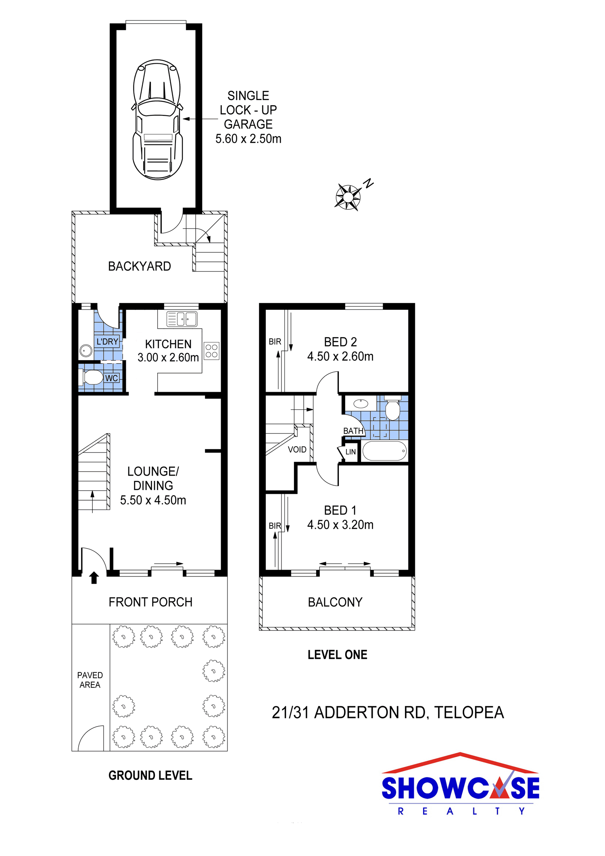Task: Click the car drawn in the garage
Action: pyautogui.click(x=157, y=119)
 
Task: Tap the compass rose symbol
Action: pyautogui.click(x=348, y=197)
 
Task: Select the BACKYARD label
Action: pyautogui.click(x=140, y=266)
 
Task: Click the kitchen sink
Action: pyautogui.click(x=182, y=319)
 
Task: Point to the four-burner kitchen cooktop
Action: pyautogui.click(x=211, y=351)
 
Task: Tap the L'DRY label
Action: pyautogui.click(x=107, y=342)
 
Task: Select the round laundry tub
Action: pyautogui.click(x=86, y=351)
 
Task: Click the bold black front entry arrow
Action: pyautogui.click(x=94, y=578)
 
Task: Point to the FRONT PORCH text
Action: pyautogui.click(x=150, y=602)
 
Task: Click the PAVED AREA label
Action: pyautogui.click(x=90, y=680)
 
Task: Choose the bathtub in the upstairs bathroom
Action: pyautogui.click(x=384, y=451)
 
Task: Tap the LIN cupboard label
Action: pyautogui.click(x=350, y=452)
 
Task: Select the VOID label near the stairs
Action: pyautogui.click(x=297, y=449)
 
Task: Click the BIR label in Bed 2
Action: pyautogui.click(x=275, y=342)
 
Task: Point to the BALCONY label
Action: pyautogui.click(x=335, y=602)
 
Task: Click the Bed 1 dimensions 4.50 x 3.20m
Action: pyautogui.click(x=340, y=525)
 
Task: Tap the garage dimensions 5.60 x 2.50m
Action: pyautogui.click(x=248, y=139)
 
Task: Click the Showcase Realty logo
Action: pyautogui.click(x=460, y=784)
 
